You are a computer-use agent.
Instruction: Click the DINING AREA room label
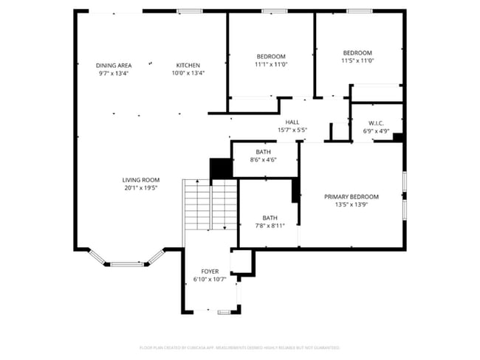[x=114, y=66]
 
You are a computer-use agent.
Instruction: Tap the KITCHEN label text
[x=188, y=66]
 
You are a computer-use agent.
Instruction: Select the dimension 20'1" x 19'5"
[x=141, y=188]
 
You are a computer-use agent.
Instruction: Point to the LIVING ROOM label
[x=141, y=180]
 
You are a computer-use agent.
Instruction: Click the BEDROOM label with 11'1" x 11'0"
[x=271, y=57]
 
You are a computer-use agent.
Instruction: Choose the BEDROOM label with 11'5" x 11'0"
[x=358, y=52]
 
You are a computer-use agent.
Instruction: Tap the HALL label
[x=292, y=122]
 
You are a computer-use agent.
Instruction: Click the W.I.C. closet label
[x=376, y=123]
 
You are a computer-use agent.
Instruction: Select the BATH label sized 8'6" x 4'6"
[x=264, y=152]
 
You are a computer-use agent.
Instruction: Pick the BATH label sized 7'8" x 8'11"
[x=270, y=218]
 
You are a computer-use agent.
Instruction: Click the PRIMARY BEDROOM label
[x=352, y=197]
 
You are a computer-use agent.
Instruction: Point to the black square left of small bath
[x=221, y=169]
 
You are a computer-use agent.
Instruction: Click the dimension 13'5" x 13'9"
[x=352, y=205]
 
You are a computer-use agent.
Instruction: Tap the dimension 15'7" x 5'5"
[x=292, y=131]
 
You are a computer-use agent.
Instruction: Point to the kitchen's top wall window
[x=191, y=11]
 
